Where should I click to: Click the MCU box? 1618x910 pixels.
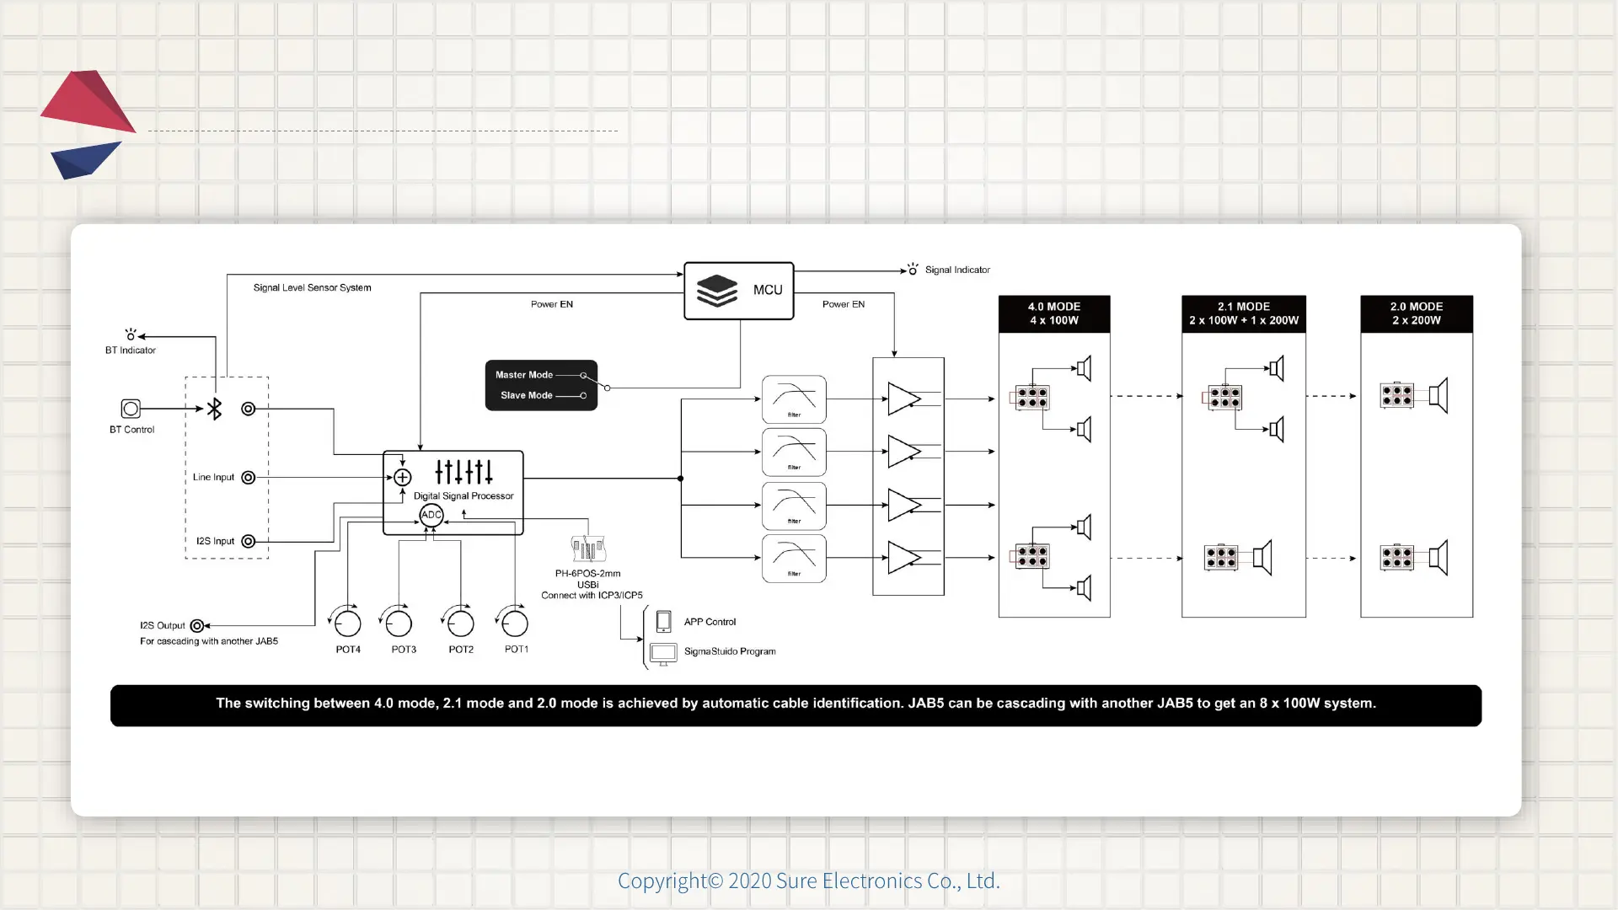coord(738,291)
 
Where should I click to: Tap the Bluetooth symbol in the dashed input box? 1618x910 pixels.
coord(215,409)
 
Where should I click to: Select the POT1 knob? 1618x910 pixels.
coord(515,624)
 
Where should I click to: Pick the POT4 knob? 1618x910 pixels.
coord(347,624)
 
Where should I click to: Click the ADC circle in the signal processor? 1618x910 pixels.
coord(431,515)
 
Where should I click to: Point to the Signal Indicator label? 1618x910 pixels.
coord(957,270)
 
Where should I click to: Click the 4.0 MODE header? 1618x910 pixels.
coord(1053,313)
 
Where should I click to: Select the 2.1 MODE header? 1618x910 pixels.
coord(1243,313)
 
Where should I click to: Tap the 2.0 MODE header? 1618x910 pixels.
coord(1416,313)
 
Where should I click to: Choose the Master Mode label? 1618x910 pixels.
coord(524,375)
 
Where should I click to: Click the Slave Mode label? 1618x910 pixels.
coord(527,395)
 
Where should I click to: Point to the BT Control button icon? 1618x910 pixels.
coord(131,409)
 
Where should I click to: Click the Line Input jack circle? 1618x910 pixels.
coord(248,478)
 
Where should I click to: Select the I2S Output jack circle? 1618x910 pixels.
coord(196,625)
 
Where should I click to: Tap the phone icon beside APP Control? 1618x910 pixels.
coord(663,621)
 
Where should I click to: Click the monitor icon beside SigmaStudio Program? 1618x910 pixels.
coord(663,652)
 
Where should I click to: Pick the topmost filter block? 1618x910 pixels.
coord(794,399)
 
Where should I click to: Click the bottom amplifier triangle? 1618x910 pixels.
coord(903,558)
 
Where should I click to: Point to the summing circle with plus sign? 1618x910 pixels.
coord(403,477)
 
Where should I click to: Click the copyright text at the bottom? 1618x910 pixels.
coord(808,881)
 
